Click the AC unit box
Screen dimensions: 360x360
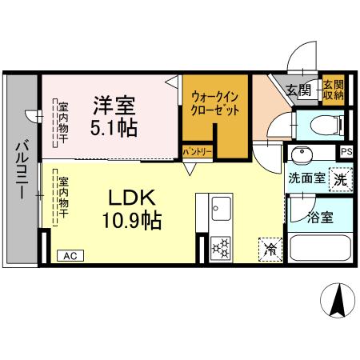click(x=70, y=256)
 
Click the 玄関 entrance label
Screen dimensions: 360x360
click(x=298, y=90)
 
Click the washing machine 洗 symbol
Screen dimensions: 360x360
click(x=341, y=178)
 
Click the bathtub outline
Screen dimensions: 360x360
click(x=320, y=247)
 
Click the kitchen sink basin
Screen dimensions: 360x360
click(x=221, y=210)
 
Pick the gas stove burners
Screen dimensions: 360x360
click(x=220, y=248)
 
